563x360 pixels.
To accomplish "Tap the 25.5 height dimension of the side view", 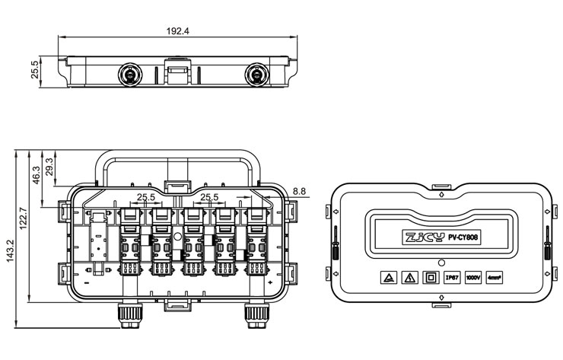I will (x=34, y=70).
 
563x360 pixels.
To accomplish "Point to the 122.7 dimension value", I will (x=23, y=221).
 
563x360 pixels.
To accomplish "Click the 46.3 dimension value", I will (x=36, y=174).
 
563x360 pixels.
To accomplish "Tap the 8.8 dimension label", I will (x=299, y=190).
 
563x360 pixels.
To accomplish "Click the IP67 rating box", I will (x=452, y=278).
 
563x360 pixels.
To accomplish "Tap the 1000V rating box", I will (x=473, y=278).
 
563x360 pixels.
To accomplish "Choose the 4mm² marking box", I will (x=495, y=278).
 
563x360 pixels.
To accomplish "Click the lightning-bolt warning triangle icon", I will (x=387, y=278).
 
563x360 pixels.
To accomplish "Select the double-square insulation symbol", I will (x=431, y=278).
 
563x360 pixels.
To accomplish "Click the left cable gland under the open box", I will (x=126, y=314).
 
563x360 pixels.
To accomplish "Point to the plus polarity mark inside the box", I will (x=270, y=283).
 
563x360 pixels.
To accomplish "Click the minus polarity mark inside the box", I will (x=88, y=282).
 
